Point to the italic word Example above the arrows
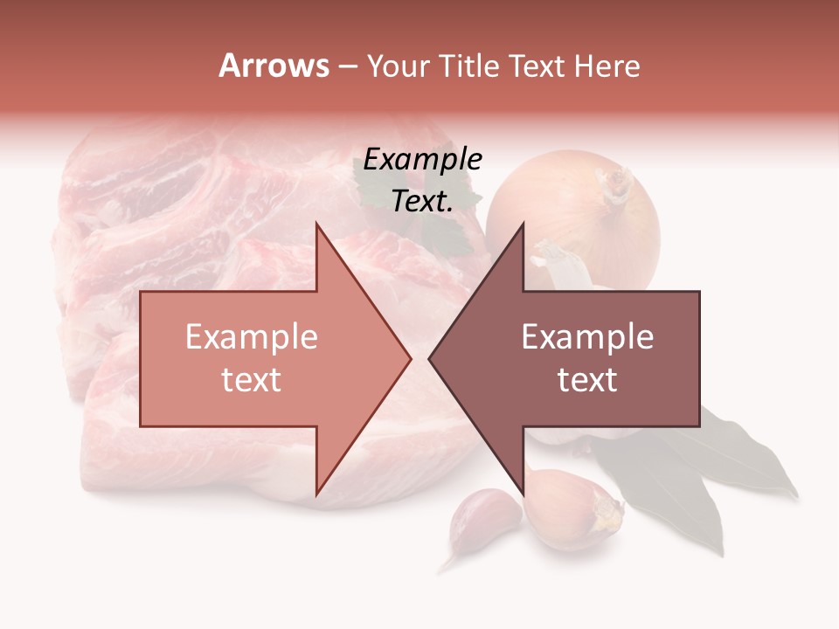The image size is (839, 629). pyautogui.click(x=422, y=160)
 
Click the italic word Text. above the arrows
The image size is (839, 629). pyautogui.click(x=422, y=201)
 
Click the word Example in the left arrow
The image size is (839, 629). pyautogui.click(x=251, y=336)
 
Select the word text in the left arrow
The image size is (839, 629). pyautogui.click(x=251, y=380)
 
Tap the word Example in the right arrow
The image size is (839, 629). pyautogui.click(x=587, y=336)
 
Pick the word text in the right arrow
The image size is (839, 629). pyautogui.click(x=587, y=380)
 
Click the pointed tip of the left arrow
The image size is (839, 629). pyautogui.click(x=408, y=358)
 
